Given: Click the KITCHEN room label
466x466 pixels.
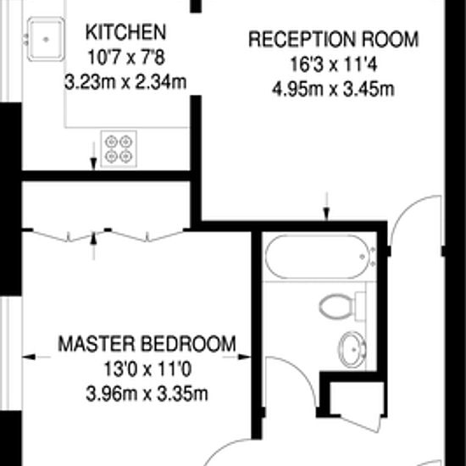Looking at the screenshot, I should point(125,33).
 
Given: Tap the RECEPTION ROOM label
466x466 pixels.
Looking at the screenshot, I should point(332,39).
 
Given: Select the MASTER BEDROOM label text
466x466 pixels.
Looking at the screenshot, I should point(146,345).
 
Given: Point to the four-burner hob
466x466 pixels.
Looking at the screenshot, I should point(118,147).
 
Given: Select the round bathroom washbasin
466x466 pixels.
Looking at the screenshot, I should point(352,347).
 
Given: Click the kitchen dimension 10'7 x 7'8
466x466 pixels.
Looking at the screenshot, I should point(125,58).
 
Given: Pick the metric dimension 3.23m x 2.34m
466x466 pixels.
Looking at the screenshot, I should point(125,83).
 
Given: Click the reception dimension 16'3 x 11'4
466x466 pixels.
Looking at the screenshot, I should point(332,64).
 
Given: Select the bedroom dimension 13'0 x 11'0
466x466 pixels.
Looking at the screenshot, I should point(146,370).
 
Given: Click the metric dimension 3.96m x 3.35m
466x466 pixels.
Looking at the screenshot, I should point(146,394).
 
